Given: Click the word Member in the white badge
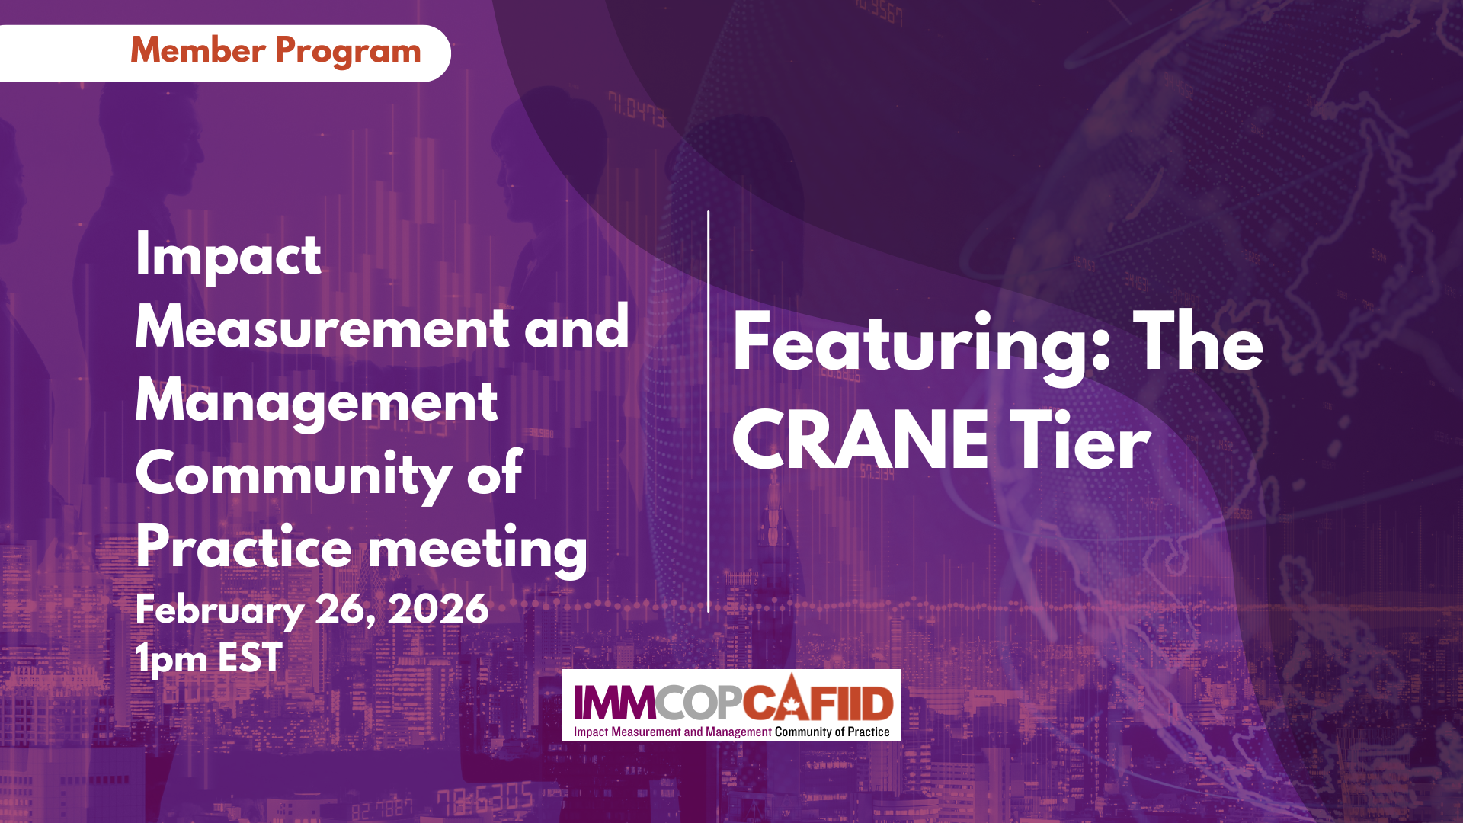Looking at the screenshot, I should point(198,51).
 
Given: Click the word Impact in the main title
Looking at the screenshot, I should point(228,257).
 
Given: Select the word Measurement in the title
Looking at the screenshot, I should point(322,328).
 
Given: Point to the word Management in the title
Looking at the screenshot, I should point(316,402).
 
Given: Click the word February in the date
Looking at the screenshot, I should point(219,610).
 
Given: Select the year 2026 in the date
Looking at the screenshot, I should point(438,609).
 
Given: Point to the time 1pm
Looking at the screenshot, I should point(171,658).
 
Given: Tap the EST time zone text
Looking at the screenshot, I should point(251,658).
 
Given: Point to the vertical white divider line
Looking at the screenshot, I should point(709,411).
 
